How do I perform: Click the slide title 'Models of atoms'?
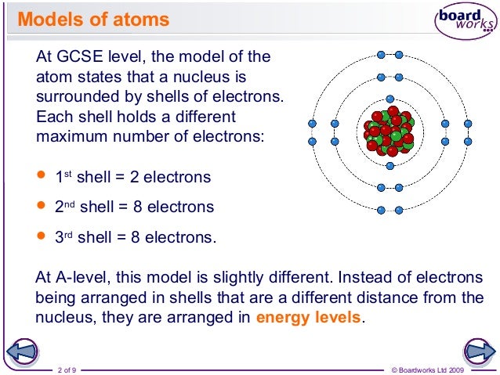tap(93, 19)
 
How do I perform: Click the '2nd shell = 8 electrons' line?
tap(134, 207)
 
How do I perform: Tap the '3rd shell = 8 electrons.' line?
tap(135, 237)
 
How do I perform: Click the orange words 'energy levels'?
tap(310, 318)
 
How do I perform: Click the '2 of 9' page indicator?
tap(67, 369)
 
